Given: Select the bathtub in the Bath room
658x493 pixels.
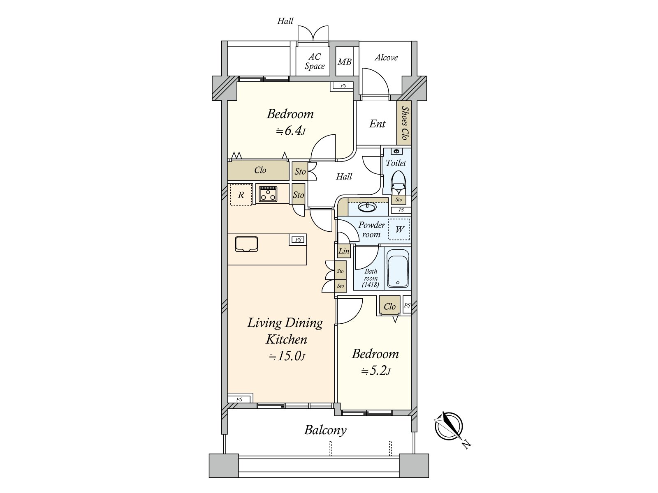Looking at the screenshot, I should coord(397,268).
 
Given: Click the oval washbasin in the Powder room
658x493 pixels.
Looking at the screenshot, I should coord(367,207).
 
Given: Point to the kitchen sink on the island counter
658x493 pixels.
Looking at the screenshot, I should coord(246,244).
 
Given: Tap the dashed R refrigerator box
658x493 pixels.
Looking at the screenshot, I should coord(241,195).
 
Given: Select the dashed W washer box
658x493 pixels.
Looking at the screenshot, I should coord(399,229).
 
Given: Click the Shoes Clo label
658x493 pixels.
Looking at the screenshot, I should coord(404,123).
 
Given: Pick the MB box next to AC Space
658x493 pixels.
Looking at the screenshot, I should coord(344,62).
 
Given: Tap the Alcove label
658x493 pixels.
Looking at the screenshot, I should coord(386,58).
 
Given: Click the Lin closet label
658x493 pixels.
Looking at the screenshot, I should coord(344,251).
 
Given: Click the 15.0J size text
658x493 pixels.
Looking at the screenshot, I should coord(287,356).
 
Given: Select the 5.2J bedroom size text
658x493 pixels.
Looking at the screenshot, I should coord(375,371).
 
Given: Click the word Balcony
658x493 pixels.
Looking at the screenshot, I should coord(325,430).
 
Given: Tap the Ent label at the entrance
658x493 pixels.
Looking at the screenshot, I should coord(377,124).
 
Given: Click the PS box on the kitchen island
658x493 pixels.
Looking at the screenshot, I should coord(298,240).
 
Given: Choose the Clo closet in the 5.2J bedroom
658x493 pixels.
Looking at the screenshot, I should coord(389,306).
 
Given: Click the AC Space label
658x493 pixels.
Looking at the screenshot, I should coord(315,62).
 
